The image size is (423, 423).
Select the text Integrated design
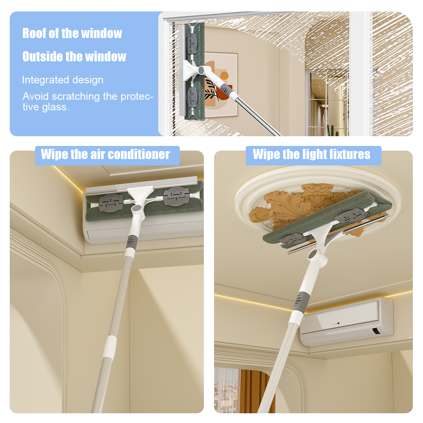[x=63, y=80]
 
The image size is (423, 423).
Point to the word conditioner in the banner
[x=139, y=154]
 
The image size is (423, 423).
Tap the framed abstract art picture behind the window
[x=220, y=84]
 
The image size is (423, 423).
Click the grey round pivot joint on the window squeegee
[x=201, y=70]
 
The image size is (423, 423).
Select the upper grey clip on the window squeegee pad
[x=192, y=43]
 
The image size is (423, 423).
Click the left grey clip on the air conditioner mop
[x=111, y=203]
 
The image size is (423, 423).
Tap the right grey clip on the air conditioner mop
[x=176, y=196]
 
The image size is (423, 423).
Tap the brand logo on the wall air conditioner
[x=335, y=323]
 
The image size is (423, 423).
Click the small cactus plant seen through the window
[x=333, y=130]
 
